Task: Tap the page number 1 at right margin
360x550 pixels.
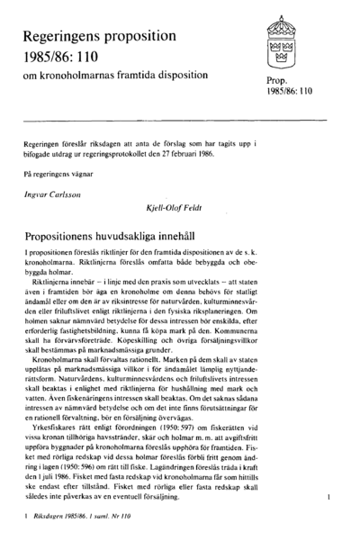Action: coord(330,496)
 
